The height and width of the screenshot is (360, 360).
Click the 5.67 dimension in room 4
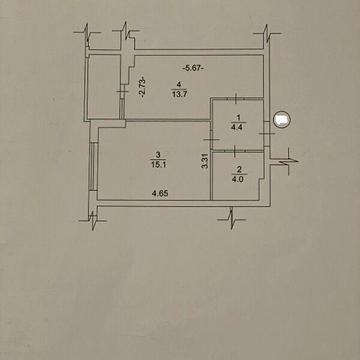pyautogui.click(x=193, y=68)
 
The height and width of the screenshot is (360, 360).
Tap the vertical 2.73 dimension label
pyautogui.click(x=143, y=87)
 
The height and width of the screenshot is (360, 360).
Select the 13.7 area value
pyautogui.click(x=179, y=94)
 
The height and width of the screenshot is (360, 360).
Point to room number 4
pyautogui.click(x=179, y=84)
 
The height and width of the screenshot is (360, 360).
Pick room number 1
pyautogui.click(x=238, y=117)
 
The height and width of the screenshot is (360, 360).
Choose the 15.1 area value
pyautogui.click(x=158, y=164)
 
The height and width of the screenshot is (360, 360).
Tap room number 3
pyautogui.click(x=158, y=154)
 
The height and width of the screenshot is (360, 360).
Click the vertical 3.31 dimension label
pyautogui.click(x=205, y=160)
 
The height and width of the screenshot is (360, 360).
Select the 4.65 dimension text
pyautogui.click(x=159, y=193)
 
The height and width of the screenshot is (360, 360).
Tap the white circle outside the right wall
pyautogui.click(x=282, y=119)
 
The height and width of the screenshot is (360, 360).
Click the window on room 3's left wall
pyautogui.click(x=93, y=167)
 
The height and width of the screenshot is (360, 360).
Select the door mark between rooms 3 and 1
pyautogui.click(x=211, y=140)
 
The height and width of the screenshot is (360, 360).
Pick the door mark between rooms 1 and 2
pyautogui.click(x=235, y=151)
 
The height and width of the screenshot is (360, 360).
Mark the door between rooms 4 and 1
pyautogui.click(x=235, y=99)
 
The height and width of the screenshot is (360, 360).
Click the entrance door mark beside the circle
pyautogui.click(x=267, y=134)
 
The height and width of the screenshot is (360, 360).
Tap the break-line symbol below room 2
pyautogui.click(x=231, y=219)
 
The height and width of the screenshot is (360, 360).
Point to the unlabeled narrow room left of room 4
pyautogui.click(x=104, y=86)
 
